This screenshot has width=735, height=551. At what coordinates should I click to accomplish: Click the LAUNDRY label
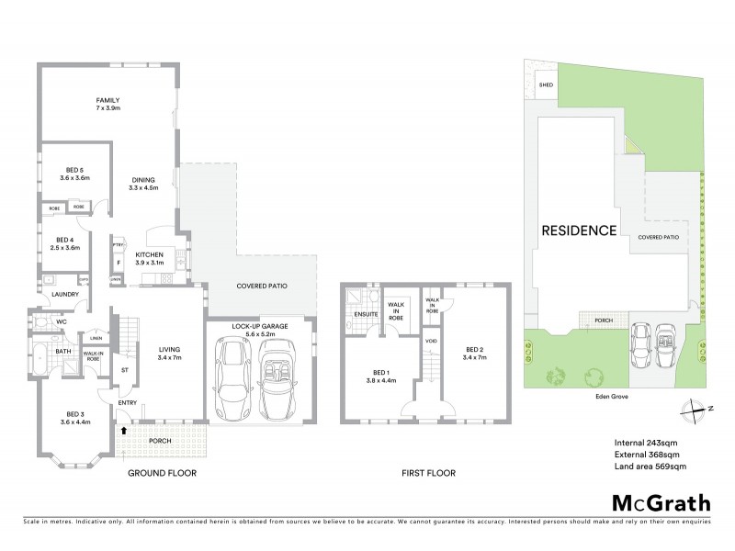coord(65,294)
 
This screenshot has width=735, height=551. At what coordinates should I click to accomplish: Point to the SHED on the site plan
coord(545,84)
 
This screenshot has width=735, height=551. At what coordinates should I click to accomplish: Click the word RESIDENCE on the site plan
coord(578,231)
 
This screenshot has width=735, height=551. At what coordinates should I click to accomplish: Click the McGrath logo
coord(659,502)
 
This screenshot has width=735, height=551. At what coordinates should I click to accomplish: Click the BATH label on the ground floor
coord(62,351)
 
